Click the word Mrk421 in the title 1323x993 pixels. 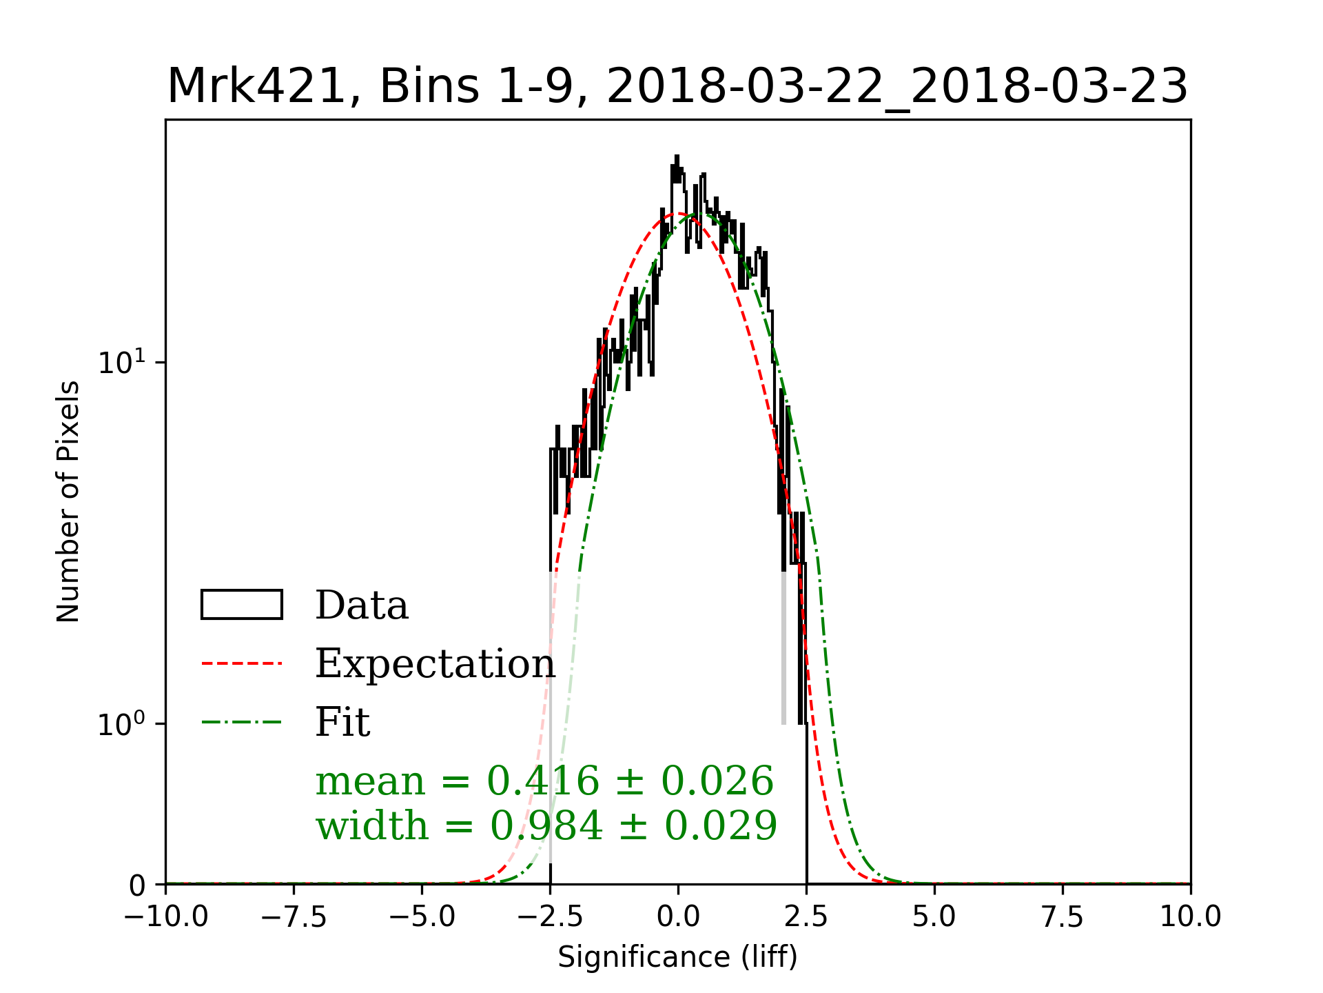256,87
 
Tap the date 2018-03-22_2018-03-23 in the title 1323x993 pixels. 896,87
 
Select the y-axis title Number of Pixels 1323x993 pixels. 68,501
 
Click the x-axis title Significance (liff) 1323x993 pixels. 677,957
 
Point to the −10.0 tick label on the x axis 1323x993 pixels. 165,917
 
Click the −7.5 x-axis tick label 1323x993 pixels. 294,917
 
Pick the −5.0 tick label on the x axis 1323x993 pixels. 422,917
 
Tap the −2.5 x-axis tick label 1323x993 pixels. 550,917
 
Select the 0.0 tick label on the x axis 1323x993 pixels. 678,917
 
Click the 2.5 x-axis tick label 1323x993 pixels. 806,917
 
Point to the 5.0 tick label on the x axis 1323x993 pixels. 934,917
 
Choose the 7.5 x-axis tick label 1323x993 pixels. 1063,917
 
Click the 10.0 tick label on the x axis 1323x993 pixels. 1191,917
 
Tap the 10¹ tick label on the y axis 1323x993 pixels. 122,363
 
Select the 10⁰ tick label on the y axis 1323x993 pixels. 122,724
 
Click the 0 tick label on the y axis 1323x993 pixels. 138,885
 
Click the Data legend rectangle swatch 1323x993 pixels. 241,605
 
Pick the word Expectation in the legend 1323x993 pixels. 435,663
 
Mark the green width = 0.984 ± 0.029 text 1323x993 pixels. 546,825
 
